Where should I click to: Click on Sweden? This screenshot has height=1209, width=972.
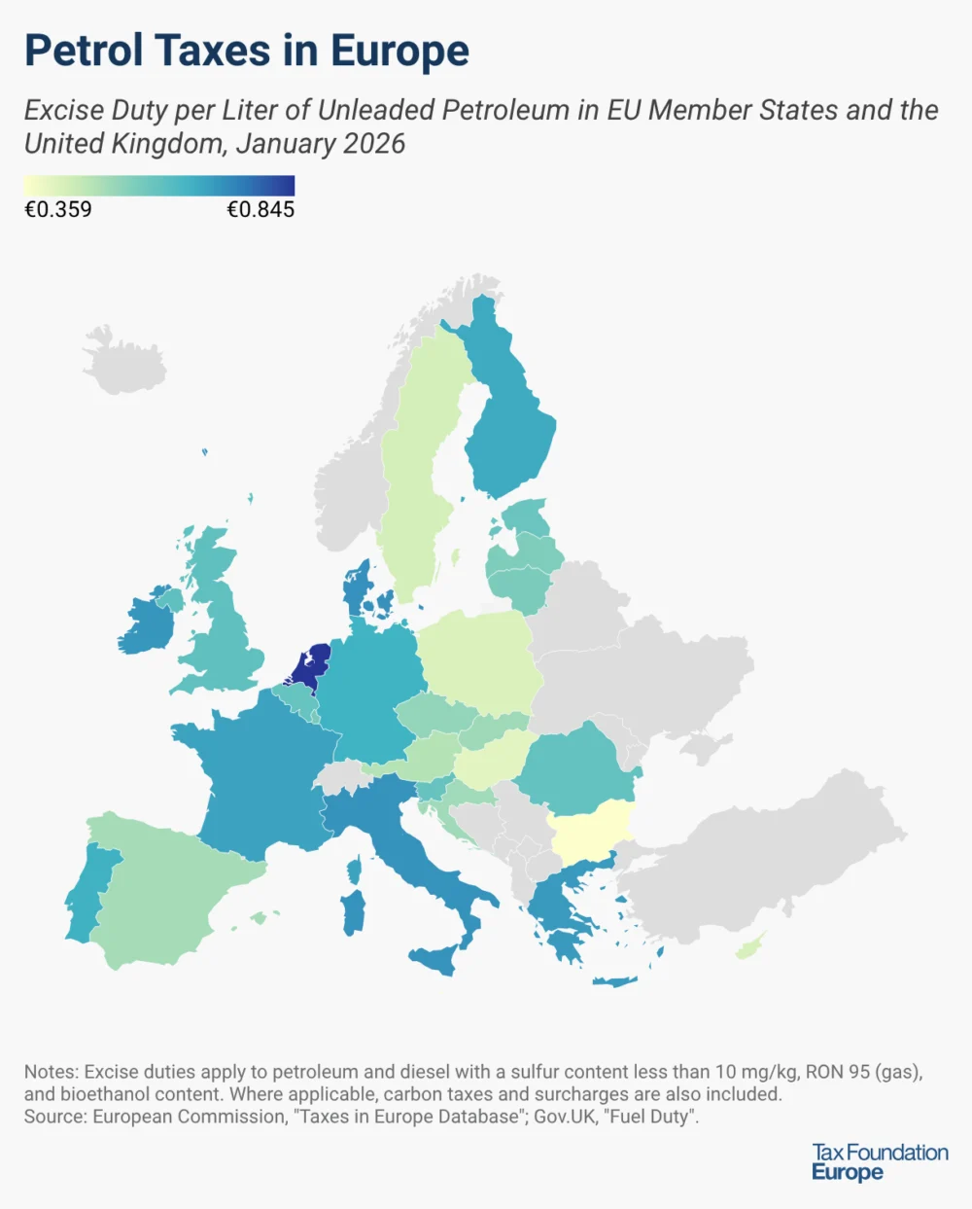tap(413, 486)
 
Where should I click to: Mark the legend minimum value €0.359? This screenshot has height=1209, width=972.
tap(58, 209)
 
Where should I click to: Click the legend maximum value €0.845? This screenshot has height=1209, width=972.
tap(260, 209)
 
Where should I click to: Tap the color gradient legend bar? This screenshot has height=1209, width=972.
tap(159, 186)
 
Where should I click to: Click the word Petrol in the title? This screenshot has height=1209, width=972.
tap(84, 51)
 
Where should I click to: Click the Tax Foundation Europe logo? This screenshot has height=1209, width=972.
tap(880, 1161)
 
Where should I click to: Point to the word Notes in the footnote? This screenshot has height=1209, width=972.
tap(50, 1072)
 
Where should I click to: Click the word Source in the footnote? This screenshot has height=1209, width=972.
tap(54, 1117)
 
